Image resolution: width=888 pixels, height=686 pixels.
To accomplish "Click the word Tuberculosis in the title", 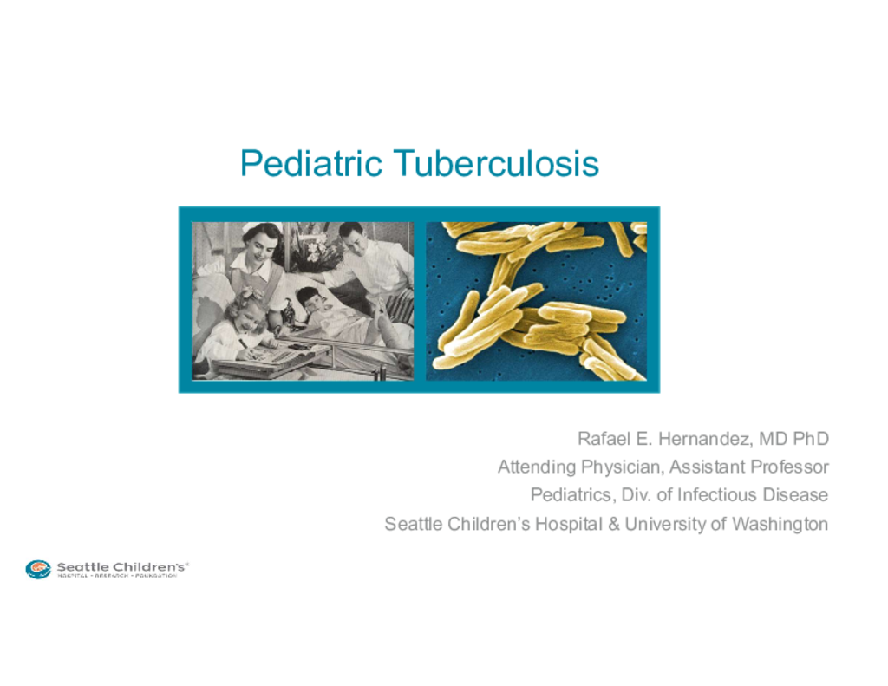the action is (x=496, y=163).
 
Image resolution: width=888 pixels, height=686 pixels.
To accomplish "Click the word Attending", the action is (x=537, y=467).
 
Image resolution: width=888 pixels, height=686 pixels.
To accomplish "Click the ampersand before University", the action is (x=614, y=524).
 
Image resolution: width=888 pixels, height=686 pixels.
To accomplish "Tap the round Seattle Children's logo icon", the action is (x=38, y=569).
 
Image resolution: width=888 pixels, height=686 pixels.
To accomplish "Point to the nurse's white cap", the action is (x=258, y=227).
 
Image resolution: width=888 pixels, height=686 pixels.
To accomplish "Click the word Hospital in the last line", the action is (x=569, y=524).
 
